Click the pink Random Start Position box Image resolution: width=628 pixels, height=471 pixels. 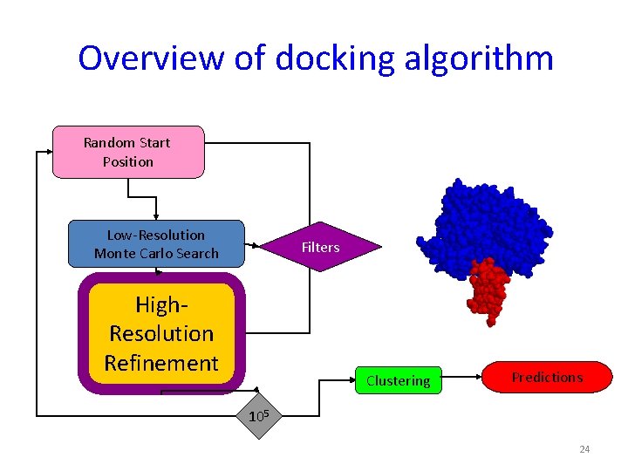coord(128,152)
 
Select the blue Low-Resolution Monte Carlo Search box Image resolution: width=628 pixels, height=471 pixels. coord(156,243)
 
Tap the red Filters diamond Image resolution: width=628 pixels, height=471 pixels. coord(320,248)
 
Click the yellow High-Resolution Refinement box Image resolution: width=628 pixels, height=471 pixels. coord(161,333)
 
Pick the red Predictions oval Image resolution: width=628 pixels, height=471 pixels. coord(547,378)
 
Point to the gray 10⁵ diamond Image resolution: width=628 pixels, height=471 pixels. coord(256,416)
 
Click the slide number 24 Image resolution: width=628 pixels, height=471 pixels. coord(584,449)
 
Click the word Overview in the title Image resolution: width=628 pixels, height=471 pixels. coord(150,58)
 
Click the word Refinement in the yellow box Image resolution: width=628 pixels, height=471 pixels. coord(161,362)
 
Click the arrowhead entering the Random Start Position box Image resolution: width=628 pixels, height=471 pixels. coord(49,152)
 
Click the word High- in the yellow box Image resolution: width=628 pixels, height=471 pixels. coord(161,304)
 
